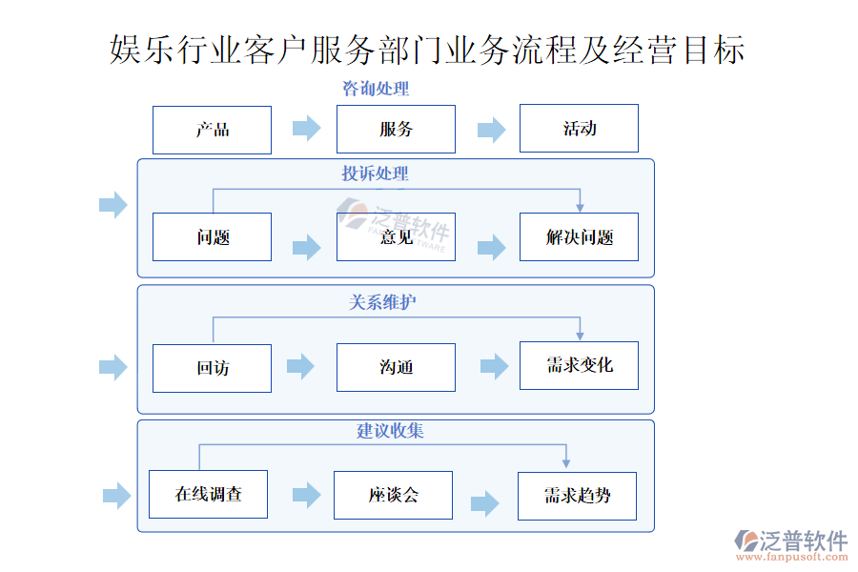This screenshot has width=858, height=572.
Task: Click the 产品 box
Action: click(212, 130)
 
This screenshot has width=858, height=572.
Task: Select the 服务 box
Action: click(396, 130)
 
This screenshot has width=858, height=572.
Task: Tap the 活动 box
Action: click(579, 129)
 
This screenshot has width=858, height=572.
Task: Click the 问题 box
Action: click(212, 237)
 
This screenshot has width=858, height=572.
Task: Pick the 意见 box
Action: click(396, 237)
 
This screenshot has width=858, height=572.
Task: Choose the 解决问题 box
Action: click(579, 237)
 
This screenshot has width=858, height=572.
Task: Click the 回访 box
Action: click(212, 368)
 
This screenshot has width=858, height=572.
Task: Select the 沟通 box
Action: click(396, 368)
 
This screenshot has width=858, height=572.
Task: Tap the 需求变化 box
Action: click(579, 365)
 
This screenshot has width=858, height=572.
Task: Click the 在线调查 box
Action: click(208, 494)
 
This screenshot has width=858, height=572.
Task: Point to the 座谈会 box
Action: click(393, 495)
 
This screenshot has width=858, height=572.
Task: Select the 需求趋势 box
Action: click(577, 496)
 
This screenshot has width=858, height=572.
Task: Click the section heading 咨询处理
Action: click(376, 90)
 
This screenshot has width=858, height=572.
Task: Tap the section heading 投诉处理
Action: click(376, 174)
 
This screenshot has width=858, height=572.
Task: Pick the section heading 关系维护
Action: click(382, 302)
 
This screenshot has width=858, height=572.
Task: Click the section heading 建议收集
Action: click(390, 431)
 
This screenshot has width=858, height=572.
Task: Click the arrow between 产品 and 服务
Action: click(306, 129)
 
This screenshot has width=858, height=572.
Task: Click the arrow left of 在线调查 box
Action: click(116, 495)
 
